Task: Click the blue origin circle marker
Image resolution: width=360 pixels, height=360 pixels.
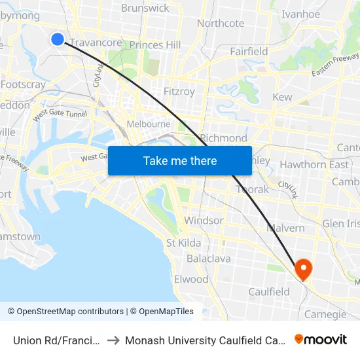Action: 58,39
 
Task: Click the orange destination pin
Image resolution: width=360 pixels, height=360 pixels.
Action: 303,268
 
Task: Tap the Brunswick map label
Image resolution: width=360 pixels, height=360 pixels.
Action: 145,8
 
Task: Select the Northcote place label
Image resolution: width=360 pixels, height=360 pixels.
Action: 221,23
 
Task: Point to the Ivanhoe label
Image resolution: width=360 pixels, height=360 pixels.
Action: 300,14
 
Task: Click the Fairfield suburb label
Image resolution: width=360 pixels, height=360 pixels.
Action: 249,51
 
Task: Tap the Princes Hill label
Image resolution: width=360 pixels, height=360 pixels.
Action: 155,45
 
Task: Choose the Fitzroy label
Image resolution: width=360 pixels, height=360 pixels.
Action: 179,92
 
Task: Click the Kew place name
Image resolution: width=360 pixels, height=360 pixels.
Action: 282,97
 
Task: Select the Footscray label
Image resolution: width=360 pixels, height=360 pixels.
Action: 23,84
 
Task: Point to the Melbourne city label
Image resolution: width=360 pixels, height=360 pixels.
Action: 149,124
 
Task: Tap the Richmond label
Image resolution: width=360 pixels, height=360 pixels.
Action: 224,138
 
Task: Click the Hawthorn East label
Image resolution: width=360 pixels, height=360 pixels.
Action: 314,164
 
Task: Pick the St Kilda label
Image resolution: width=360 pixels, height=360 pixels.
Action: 184,243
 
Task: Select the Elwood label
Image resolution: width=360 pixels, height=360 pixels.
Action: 191,279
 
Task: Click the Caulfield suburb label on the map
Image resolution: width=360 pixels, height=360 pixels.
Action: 268,291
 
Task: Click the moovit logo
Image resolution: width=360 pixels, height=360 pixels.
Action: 321,339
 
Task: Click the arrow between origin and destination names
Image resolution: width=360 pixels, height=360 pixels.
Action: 113,340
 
